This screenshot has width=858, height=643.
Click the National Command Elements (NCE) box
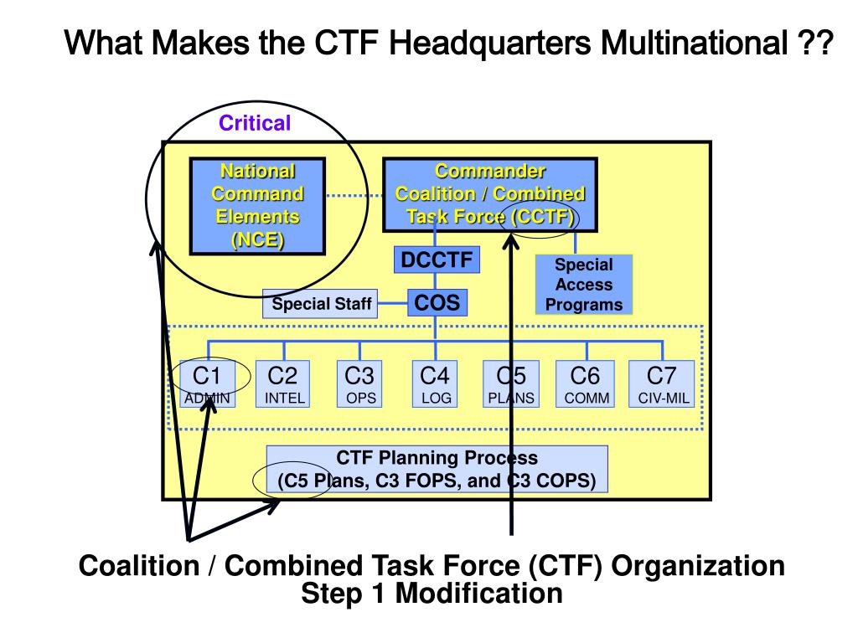click(257, 206)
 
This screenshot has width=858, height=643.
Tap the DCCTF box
click(436, 260)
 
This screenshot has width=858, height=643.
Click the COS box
click(437, 302)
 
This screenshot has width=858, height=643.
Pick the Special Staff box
click(321, 304)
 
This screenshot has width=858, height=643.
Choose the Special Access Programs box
click(584, 285)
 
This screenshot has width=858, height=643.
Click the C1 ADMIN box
click(207, 383)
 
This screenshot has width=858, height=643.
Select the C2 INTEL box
click(284, 383)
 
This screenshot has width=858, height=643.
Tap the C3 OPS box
click(360, 383)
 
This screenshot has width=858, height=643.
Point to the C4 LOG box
click(436, 383)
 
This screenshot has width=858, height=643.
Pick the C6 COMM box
click(586, 383)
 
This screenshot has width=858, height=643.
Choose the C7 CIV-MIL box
click(663, 383)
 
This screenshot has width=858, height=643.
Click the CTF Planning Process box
click(437, 470)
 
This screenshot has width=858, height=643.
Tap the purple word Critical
click(255, 124)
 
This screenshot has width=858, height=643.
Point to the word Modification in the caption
click(478, 594)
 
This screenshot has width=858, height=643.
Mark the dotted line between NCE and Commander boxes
click(354, 196)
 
